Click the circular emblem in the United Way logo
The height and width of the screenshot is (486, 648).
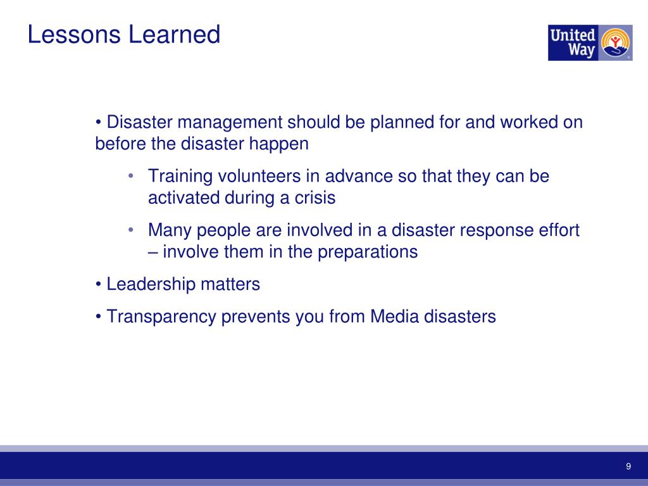click(615, 43)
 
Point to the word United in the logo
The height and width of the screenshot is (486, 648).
click(573, 35)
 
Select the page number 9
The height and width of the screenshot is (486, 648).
click(628, 467)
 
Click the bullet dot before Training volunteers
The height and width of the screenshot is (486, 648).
click(130, 176)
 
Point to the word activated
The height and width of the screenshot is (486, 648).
click(184, 198)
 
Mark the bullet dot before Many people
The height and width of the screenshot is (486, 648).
click(130, 230)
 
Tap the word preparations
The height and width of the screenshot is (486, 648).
click(368, 252)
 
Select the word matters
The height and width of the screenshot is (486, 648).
click(230, 285)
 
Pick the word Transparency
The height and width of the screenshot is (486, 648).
click(161, 316)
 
